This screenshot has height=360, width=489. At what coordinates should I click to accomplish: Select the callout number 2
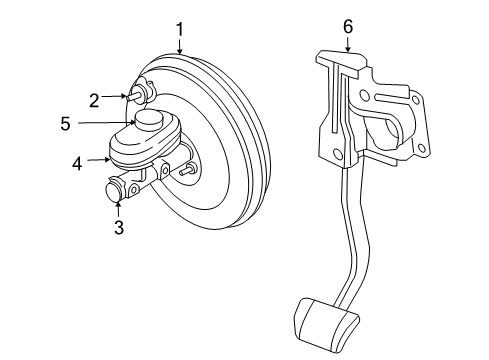(x=94, y=99)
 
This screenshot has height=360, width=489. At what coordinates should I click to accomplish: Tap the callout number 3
(x=118, y=227)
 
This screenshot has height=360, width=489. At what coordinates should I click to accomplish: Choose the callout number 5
(x=66, y=124)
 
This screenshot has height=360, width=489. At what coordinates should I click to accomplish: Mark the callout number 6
(x=348, y=27)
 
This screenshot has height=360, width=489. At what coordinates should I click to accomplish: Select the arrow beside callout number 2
(x=116, y=98)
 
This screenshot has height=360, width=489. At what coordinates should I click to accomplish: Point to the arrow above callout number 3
(x=118, y=207)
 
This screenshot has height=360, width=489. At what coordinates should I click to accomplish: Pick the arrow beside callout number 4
(x=97, y=158)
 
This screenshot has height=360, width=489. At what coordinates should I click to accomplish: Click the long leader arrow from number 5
(x=105, y=124)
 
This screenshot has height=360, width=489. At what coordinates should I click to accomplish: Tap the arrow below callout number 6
(x=348, y=44)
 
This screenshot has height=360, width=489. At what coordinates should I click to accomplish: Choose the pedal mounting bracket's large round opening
(x=385, y=130)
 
